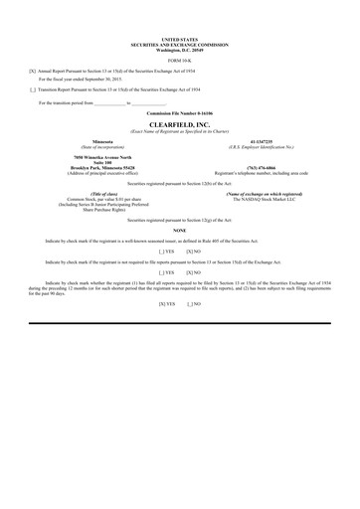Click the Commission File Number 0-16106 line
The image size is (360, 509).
coord(179,114)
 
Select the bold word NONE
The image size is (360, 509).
coord(179,230)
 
